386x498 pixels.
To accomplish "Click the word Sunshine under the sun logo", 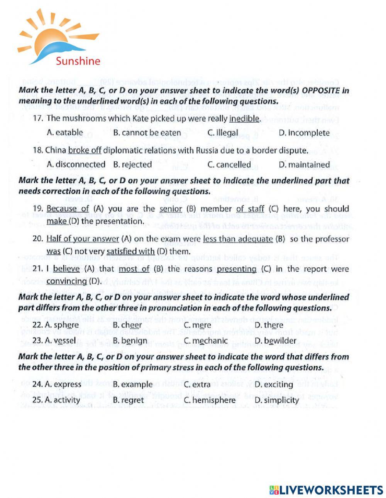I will pyautogui.click(x=78, y=61).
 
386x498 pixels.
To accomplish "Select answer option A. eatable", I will pyautogui.click(x=64, y=133).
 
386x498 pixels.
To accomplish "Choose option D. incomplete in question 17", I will pyautogui.click(x=304, y=133).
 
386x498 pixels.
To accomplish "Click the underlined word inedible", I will pyautogui.click(x=244, y=118).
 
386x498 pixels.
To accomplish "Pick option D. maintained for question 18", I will pyautogui.click(x=304, y=165).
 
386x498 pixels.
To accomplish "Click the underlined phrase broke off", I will pyautogui.click(x=85, y=150).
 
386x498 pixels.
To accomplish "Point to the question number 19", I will pyautogui.click(x=38, y=209).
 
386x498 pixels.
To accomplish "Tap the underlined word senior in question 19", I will pyautogui.click(x=171, y=209).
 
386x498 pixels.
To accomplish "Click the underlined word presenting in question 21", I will pyautogui.click(x=237, y=269).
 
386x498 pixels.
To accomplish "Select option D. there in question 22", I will pyautogui.click(x=269, y=325).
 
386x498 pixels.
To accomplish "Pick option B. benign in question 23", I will pyautogui.click(x=130, y=341).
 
